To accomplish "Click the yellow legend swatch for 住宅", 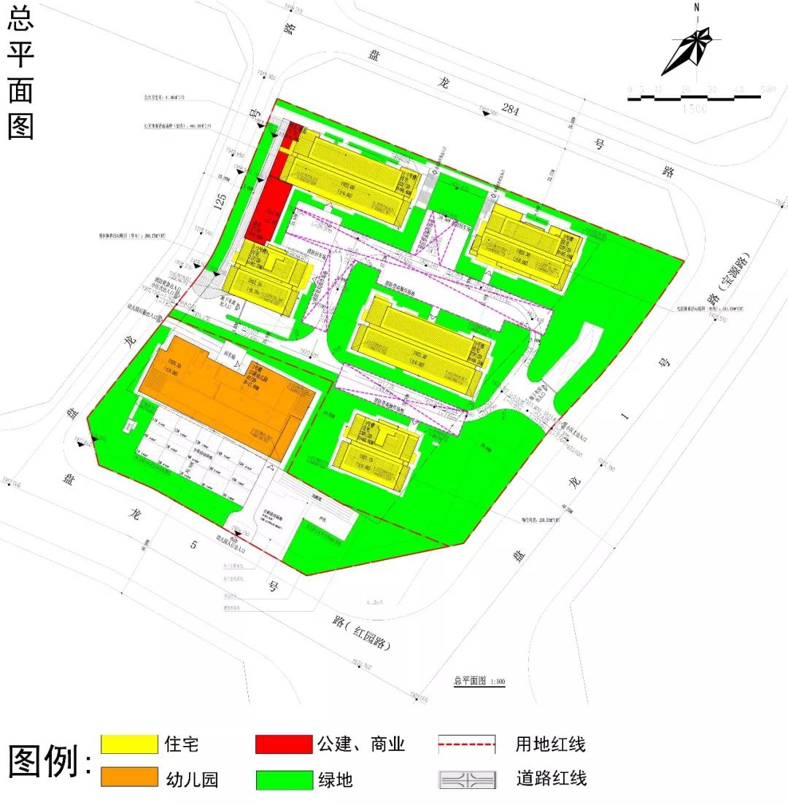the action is click(130, 744).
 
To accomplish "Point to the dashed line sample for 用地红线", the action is click(467, 744).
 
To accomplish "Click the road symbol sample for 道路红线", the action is click(467, 779).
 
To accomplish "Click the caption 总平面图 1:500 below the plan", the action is click(479, 682).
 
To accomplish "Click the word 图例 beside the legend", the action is click(45, 762).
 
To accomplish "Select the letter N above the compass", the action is click(697, 9).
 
